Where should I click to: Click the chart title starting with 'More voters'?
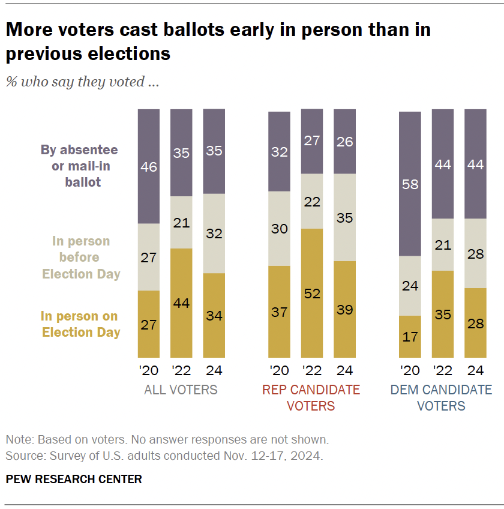coord(218,41)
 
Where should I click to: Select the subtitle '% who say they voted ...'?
coord(82,82)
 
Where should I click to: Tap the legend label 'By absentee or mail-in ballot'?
coord(79,166)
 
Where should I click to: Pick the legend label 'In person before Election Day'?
coord(81,258)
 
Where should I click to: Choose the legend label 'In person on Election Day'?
coord(80,324)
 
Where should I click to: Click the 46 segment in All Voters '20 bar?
coord(149,166)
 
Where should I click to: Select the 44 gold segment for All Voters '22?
coord(181,303)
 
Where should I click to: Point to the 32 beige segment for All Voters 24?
coord(214,233)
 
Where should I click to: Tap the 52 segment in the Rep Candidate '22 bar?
coord(311,293)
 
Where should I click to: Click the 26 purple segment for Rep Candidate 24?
coord(344,142)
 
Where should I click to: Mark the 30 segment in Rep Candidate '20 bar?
coord(279,229)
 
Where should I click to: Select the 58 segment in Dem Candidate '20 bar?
coord(411,184)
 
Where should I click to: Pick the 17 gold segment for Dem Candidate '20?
coord(411,337)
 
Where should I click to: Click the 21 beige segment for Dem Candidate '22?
coord(443,244)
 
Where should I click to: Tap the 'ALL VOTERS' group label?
coord(181,390)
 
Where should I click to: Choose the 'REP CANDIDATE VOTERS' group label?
coord(311,398)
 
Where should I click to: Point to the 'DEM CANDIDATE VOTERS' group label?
coord(441,398)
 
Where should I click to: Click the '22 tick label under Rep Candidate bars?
coord(311,370)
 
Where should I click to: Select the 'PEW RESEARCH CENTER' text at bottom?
coord(74,479)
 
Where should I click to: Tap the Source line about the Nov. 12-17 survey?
coord(164,456)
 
